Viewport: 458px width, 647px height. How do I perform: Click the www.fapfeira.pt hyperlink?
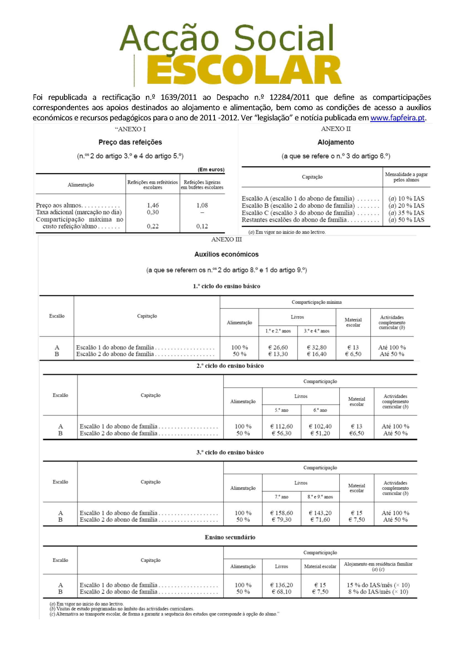tap(397, 118)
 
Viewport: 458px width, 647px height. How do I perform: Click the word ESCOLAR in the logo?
tap(244, 71)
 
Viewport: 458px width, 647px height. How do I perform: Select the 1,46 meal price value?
tap(153, 205)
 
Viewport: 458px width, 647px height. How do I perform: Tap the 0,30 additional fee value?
tap(153, 212)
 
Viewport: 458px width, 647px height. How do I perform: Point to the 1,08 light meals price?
tap(202, 205)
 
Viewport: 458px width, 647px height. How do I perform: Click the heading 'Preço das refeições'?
tap(130, 142)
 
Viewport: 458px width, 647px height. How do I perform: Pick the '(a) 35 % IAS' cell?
tap(406, 213)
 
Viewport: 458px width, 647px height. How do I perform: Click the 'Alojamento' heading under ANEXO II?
tap(336, 142)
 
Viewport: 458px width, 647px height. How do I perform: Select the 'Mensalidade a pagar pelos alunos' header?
tap(406, 177)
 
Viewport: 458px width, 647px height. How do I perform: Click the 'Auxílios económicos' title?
tap(226, 254)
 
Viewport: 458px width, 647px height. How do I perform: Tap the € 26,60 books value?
tap(278, 347)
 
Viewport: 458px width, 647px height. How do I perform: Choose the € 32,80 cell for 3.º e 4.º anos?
tap(317, 347)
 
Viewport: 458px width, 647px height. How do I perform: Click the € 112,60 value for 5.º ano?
tap(281, 426)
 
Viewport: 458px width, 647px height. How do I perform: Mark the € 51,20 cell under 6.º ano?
tap(320, 433)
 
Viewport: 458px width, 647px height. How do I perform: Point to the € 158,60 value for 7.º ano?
tap(281, 513)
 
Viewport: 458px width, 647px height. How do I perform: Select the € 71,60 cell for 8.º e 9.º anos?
tap(320, 520)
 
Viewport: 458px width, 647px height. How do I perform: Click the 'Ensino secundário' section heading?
tap(230, 537)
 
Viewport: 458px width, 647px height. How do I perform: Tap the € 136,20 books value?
tap(281, 585)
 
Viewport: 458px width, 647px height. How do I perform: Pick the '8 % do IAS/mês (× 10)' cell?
tap(378, 592)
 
